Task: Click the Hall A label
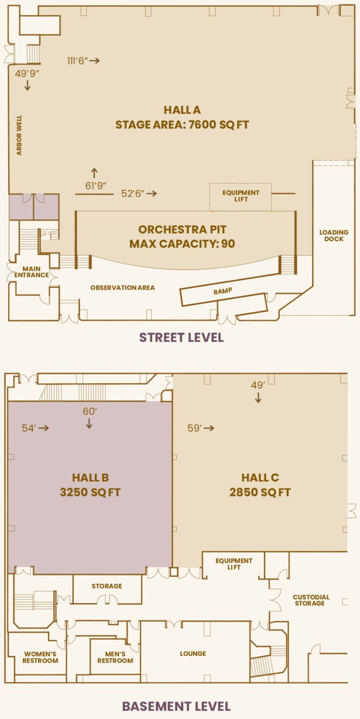pyautogui.click(x=182, y=110)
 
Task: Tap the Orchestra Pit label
pyautogui.click(x=182, y=229)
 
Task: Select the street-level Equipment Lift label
pyautogui.click(x=240, y=196)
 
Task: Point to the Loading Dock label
pyautogui.click(x=334, y=235)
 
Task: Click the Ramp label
pyautogui.click(x=223, y=291)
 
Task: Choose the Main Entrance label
pyautogui.click(x=31, y=272)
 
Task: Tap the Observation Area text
pyautogui.click(x=122, y=288)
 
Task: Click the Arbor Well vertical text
pyautogui.click(x=19, y=136)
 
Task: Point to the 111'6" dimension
pyautogui.click(x=77, y=61)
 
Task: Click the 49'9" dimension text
pyautogui.click(x=27, y=74)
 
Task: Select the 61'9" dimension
pyautogui.click(x=96, y=186)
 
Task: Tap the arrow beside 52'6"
pyautogui.click(x=152, y=194)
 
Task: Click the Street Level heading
pyautogui.click(x=181, y=338)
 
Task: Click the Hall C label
pyautogui.click(x=260, y=477)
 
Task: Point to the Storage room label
pyautogui.click(x=107, y=586)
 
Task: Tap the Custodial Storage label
pyautogui.click(x=311, y=600)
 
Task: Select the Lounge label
pyautogui.click(x=193, y=653)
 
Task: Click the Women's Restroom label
pyautogui.click(x=40, y=658)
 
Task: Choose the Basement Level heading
pyautogui.click(x=176, y=706)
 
